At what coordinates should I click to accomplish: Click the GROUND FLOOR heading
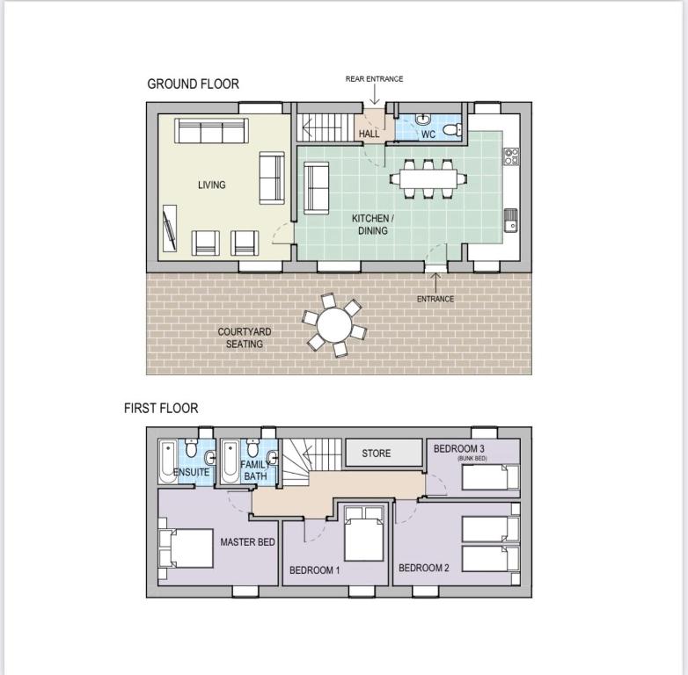[193, 83]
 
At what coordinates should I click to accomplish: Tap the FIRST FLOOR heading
[161, 408]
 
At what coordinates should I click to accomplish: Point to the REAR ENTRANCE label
[374, 79]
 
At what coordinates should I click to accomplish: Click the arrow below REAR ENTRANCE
[374, 94]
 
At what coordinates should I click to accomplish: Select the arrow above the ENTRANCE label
[435, 283]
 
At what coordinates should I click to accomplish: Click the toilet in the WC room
[452, 130]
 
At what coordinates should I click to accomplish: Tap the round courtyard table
[334, 325]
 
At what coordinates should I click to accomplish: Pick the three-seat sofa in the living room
[211, 131]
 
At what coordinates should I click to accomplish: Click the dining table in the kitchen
[428, 178]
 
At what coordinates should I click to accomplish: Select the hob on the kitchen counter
[511, 156]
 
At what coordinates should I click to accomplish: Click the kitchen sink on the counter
[511, 221]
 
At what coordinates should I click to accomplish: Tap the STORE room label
[376, 454]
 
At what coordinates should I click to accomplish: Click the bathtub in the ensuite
[168, 461]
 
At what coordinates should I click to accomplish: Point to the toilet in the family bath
[253, 448]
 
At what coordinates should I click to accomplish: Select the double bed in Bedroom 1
[363, 533]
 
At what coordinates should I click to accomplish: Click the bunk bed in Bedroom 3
[491, 477]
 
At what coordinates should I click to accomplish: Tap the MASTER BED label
[247, 542]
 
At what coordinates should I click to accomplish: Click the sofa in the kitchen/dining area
[317, 188]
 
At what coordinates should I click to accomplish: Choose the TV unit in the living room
[170, 229]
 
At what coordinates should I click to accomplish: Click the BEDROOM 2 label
[424, 568]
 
